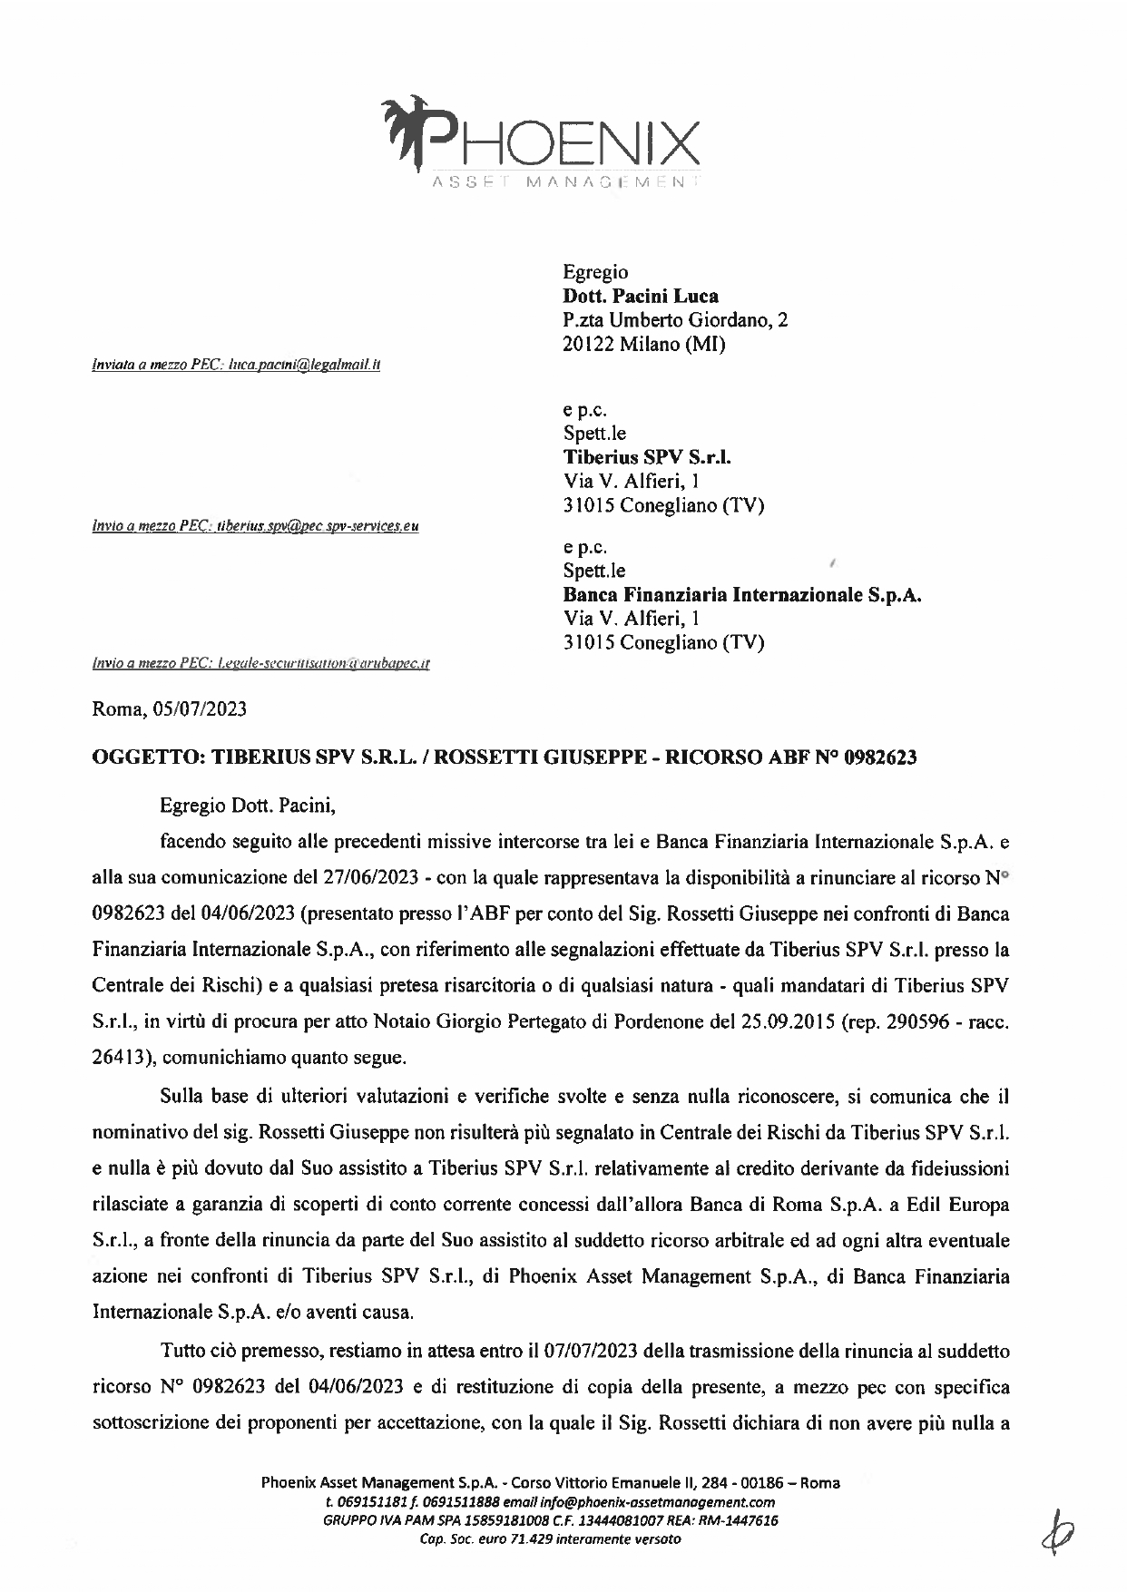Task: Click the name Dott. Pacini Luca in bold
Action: (x=641, y=296)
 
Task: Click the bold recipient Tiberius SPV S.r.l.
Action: (x=647, y=457)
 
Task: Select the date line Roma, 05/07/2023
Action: (x=170, y=709)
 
